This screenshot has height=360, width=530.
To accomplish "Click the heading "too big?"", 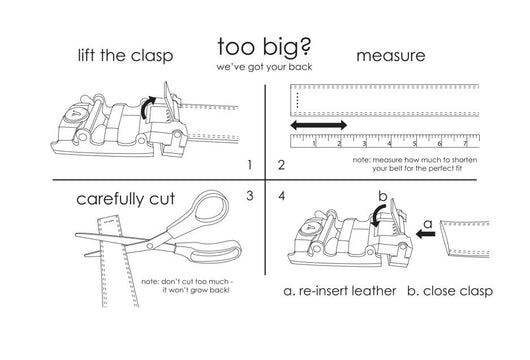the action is [x=264, y=47].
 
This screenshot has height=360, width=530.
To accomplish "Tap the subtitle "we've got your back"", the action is [x=264, y=67].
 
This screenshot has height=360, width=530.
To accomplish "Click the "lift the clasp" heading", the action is [x=125, y=55].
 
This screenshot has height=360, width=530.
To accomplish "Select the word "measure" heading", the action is [x=391, y=56].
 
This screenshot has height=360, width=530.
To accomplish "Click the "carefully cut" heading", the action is [x=125, y=199].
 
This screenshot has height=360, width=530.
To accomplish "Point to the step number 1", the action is [x=250, y=165].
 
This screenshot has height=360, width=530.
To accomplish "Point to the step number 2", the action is [x=281, y=165].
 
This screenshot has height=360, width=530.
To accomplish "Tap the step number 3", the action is [x=250, y=196].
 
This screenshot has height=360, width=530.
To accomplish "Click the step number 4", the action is [x=282, y=196].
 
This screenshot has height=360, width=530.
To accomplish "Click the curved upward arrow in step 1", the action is [x=146, y=105].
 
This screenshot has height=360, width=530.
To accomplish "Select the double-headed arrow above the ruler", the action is [x=319, y=125].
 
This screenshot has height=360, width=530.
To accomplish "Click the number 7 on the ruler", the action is [x=465, y=144].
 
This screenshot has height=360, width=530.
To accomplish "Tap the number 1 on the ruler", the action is [x=314, y=144].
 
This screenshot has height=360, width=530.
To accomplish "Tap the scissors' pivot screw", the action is [x=149, y=244].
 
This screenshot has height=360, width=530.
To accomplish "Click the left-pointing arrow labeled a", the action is [x=426, y=234].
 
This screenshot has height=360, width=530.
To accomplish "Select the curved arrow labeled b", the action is [x=377, y=216].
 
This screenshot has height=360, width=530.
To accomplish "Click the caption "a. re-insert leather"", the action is [x=340, y=291].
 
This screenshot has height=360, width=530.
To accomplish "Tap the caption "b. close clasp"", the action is [x=450, y=291].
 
